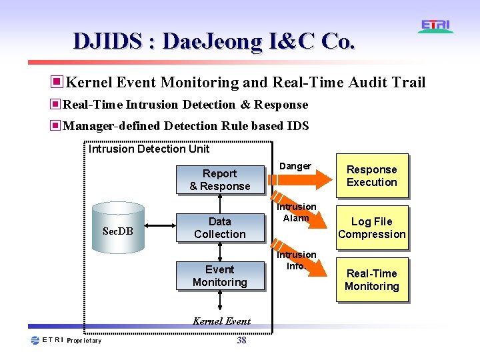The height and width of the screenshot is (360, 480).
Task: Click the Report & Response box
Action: pos(219,180)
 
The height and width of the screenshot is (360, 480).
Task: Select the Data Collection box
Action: pos(219,228)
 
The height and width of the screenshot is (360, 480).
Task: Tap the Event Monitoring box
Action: pos(219,276)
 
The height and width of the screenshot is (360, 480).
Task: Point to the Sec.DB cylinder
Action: pos(118,228)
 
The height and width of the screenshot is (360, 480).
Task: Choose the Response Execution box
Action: pos(371,176)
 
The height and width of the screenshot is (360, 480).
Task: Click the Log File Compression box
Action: pos(371,228)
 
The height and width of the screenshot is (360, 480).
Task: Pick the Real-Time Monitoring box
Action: pos(371,280)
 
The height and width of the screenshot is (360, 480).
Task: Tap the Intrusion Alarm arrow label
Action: pos(296,213)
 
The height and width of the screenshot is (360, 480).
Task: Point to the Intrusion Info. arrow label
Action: pos(296,260)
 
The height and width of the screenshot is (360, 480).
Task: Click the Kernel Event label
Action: pos(221,321)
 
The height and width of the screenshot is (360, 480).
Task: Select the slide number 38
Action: pos(241,340)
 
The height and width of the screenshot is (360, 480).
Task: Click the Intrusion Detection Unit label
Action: pos(149,149)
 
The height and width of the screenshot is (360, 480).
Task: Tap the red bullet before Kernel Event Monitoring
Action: pos(57,82)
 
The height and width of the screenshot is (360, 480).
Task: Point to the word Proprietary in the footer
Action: pos(85,341)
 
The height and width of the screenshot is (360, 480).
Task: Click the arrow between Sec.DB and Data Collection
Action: pos(160,228)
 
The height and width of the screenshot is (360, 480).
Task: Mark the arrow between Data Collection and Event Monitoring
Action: pos(220,251)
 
